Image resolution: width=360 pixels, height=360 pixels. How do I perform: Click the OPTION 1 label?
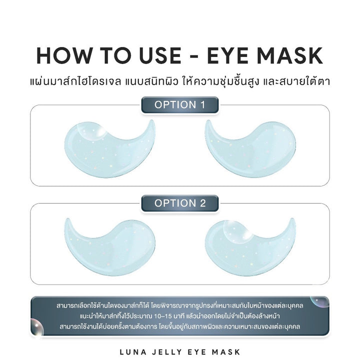point(179,105)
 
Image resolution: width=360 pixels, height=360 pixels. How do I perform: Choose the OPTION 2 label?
point(179,203)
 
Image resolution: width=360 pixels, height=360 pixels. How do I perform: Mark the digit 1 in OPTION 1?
point(201,105)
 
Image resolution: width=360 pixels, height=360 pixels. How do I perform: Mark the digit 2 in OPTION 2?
point(201,203)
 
